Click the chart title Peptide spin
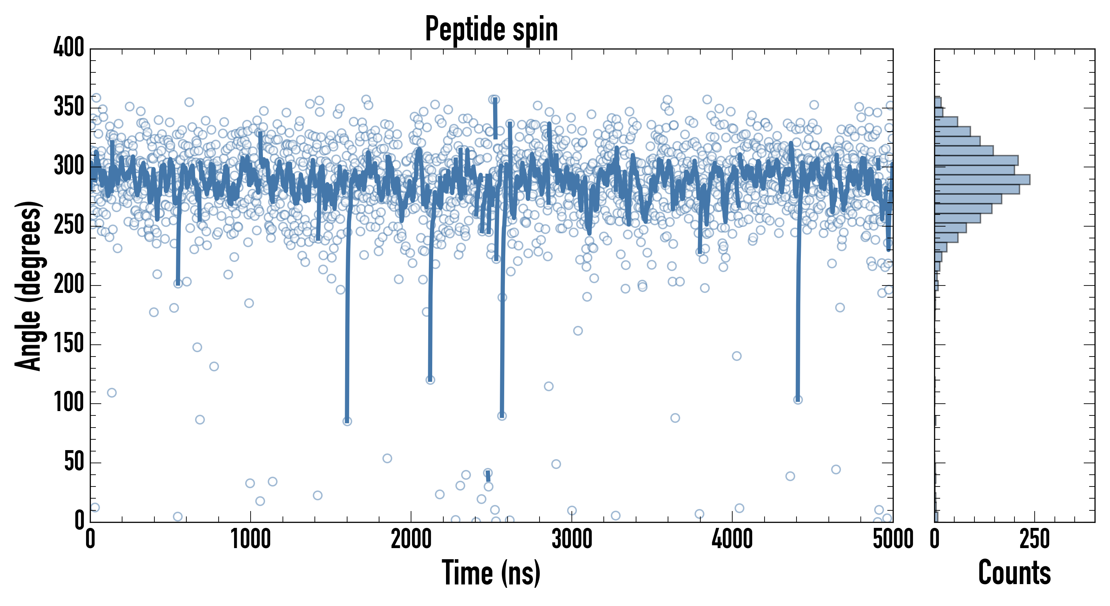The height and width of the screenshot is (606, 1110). coord(491,29)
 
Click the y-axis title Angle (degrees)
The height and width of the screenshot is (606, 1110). coord(29,285)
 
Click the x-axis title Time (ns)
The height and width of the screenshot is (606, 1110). coord(491,572)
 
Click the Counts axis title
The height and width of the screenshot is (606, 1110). coord(1014,572)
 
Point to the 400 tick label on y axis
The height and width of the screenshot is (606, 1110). coord(69,47)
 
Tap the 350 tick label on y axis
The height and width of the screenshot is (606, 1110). coord(69,107)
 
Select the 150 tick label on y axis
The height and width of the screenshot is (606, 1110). coord(69,344)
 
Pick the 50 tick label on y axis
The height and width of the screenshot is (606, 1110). coord(74,462)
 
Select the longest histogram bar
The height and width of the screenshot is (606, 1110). coord(982,179)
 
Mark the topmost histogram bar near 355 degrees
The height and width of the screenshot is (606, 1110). coord(938,102)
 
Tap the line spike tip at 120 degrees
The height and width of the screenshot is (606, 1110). coord(430,379)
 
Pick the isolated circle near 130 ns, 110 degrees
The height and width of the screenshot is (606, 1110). coord(112,393)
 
